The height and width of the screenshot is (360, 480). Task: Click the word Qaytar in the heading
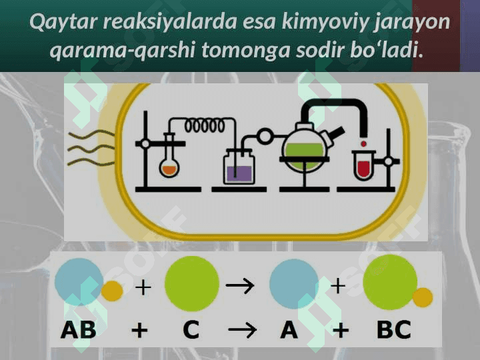pos(63,23)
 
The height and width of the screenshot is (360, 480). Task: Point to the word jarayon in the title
pos(412,23)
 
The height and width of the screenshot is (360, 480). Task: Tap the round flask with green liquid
pos(304,150)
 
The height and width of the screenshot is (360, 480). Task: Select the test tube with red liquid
pos(363,165)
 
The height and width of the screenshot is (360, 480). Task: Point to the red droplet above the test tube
pos(364,143)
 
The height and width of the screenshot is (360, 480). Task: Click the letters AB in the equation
pos(79,330)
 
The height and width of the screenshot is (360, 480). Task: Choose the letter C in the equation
pos(191,330)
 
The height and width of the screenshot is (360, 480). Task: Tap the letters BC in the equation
pos(394,330)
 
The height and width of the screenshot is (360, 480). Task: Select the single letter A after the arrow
pos(289,330)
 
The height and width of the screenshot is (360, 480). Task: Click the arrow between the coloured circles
pos(240,285)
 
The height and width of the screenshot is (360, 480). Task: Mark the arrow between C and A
pos(243,330)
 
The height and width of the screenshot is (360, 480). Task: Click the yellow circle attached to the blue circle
pos(112,291)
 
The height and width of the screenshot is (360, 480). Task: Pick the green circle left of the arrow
pos(192,283)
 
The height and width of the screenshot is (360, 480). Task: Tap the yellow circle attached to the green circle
pos(423,297)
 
